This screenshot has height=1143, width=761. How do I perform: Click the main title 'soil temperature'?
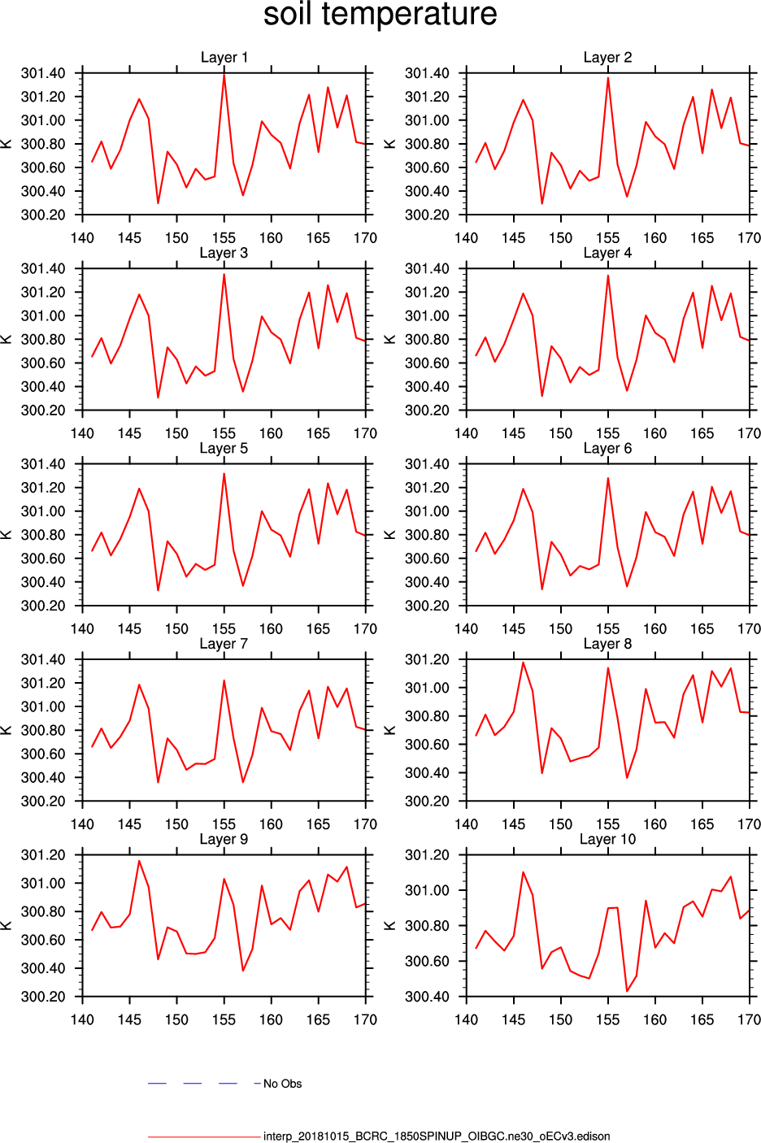tap(380, 15)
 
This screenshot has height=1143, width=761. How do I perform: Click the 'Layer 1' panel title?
tap(224, 58)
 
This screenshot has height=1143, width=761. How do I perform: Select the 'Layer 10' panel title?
tap(607, 839)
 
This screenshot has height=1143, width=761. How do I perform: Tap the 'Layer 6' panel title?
tap(607, 449)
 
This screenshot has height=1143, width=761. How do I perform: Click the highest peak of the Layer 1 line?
tap(224, 75)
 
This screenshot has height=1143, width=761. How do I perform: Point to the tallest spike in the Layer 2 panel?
tap(608, 78)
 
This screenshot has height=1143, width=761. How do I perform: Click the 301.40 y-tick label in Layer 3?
tap(43, 269)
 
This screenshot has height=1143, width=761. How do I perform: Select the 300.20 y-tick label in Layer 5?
tap(43, 606)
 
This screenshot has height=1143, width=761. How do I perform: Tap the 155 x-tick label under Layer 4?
tap(607, 433)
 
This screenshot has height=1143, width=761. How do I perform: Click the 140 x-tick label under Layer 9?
tap(82, 1019)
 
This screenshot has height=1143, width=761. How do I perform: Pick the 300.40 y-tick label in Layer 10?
tap(427, 997)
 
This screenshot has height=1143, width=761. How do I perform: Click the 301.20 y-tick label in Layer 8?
tap(427, 659)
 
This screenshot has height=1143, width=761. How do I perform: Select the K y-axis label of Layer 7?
tap(7, 730)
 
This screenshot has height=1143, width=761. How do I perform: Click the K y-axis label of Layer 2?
tap(390, 144)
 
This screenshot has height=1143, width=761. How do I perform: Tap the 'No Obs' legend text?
tap(282, 1084)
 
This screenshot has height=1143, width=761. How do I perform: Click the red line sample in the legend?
tap(203, 1136)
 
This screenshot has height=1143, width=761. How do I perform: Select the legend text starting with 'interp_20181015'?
tap(436, 1136)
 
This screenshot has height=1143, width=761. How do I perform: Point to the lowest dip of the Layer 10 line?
tap(627, 991)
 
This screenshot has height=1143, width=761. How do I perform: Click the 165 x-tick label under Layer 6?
tap(702, 628)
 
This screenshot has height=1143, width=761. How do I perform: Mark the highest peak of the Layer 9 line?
tap(139, 861)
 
